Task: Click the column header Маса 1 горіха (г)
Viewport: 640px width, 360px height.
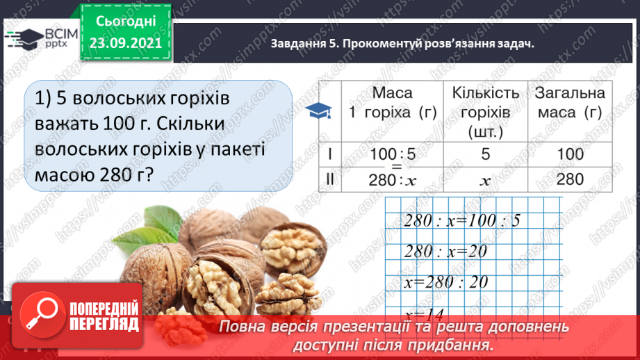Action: point(392,104)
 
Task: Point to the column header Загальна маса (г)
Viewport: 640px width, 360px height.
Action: point(570,104)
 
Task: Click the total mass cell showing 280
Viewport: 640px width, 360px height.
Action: point(570,179)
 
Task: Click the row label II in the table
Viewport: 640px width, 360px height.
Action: point(331,179)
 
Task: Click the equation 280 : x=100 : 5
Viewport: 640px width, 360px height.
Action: point(461,220)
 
